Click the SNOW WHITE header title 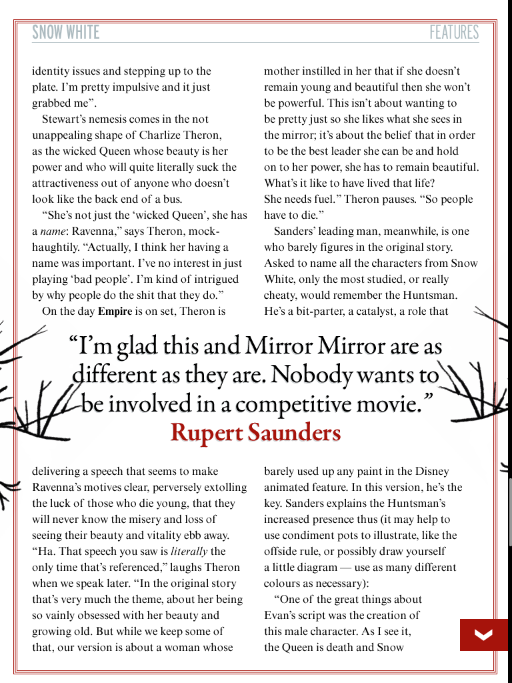(65, 32)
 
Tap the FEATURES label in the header (453, 32)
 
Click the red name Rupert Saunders (255, 432)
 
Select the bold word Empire (115, 311)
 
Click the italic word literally (189, 552)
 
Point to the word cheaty (281, 295)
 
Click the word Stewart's (63, 119)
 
